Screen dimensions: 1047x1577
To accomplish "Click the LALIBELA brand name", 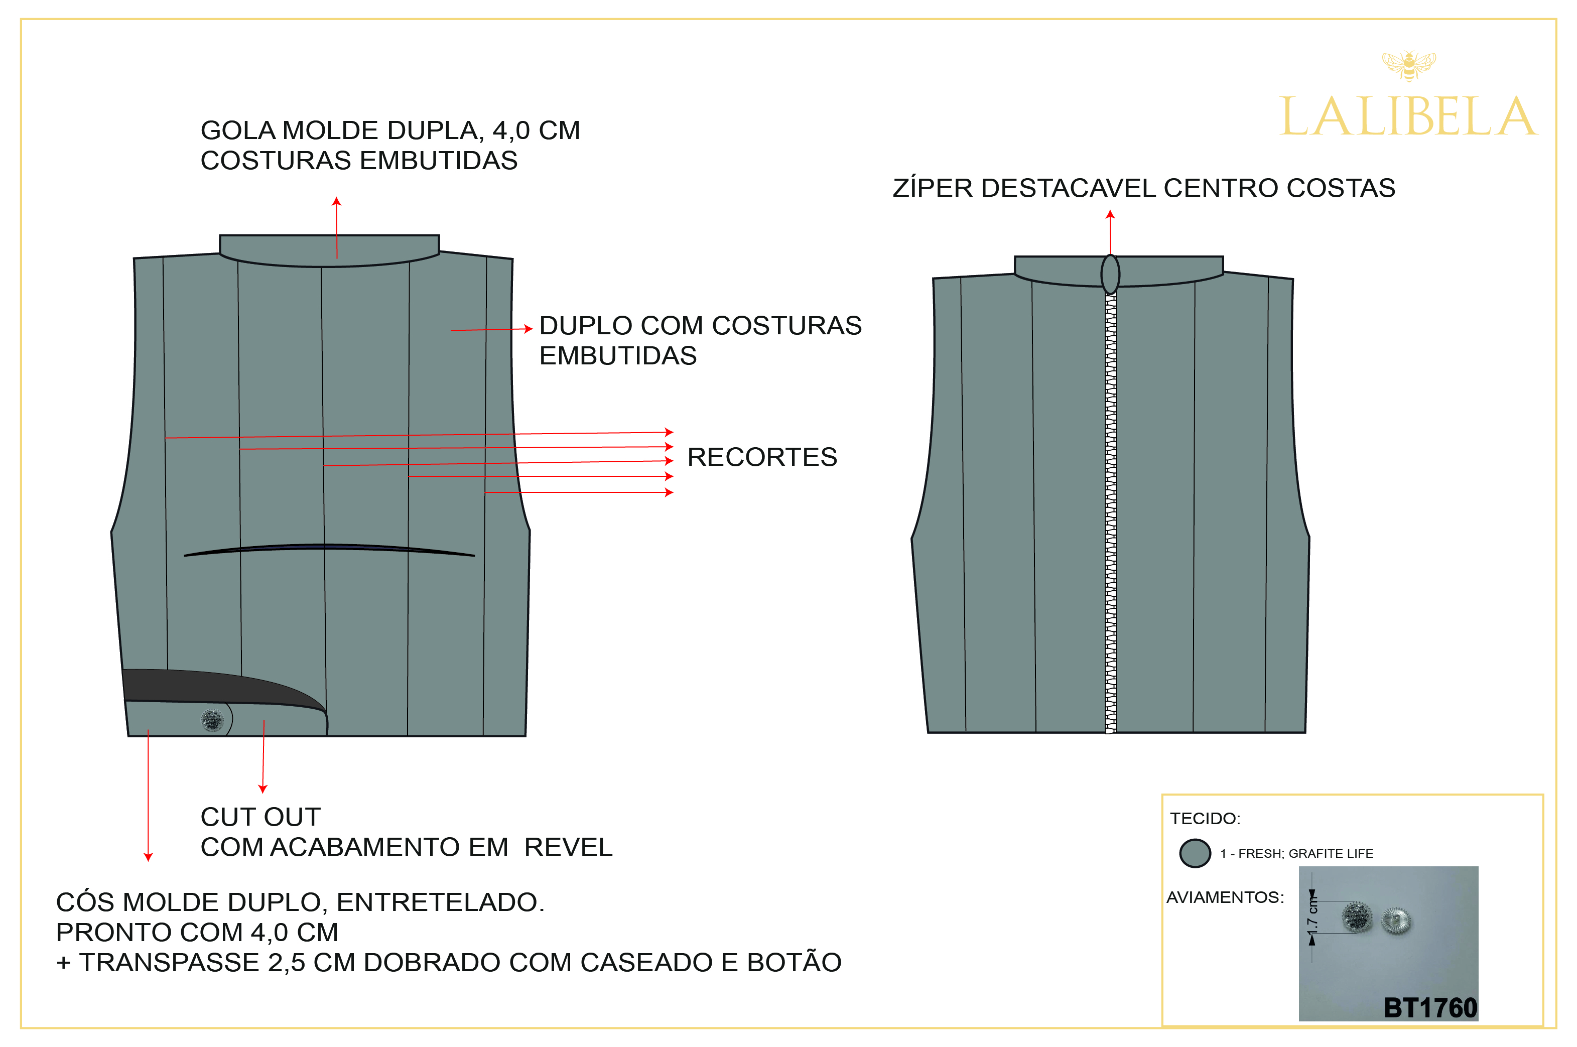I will coord(1407,117).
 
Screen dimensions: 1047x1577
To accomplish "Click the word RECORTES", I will coord(762,457).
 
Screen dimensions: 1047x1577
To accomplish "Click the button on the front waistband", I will coord(212,720).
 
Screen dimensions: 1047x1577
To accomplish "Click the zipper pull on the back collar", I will coord(1110,274).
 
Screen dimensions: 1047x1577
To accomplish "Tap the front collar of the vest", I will coord(329,250).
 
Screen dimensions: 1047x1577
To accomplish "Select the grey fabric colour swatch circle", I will coord(1195,853).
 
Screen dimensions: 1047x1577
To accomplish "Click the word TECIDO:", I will coord(1205,819).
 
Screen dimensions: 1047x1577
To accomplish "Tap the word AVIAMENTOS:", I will coord(1225,897).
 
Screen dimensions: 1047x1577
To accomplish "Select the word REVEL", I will coord(568,847).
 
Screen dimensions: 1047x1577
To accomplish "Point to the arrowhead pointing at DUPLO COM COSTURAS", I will coord(528,329).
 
